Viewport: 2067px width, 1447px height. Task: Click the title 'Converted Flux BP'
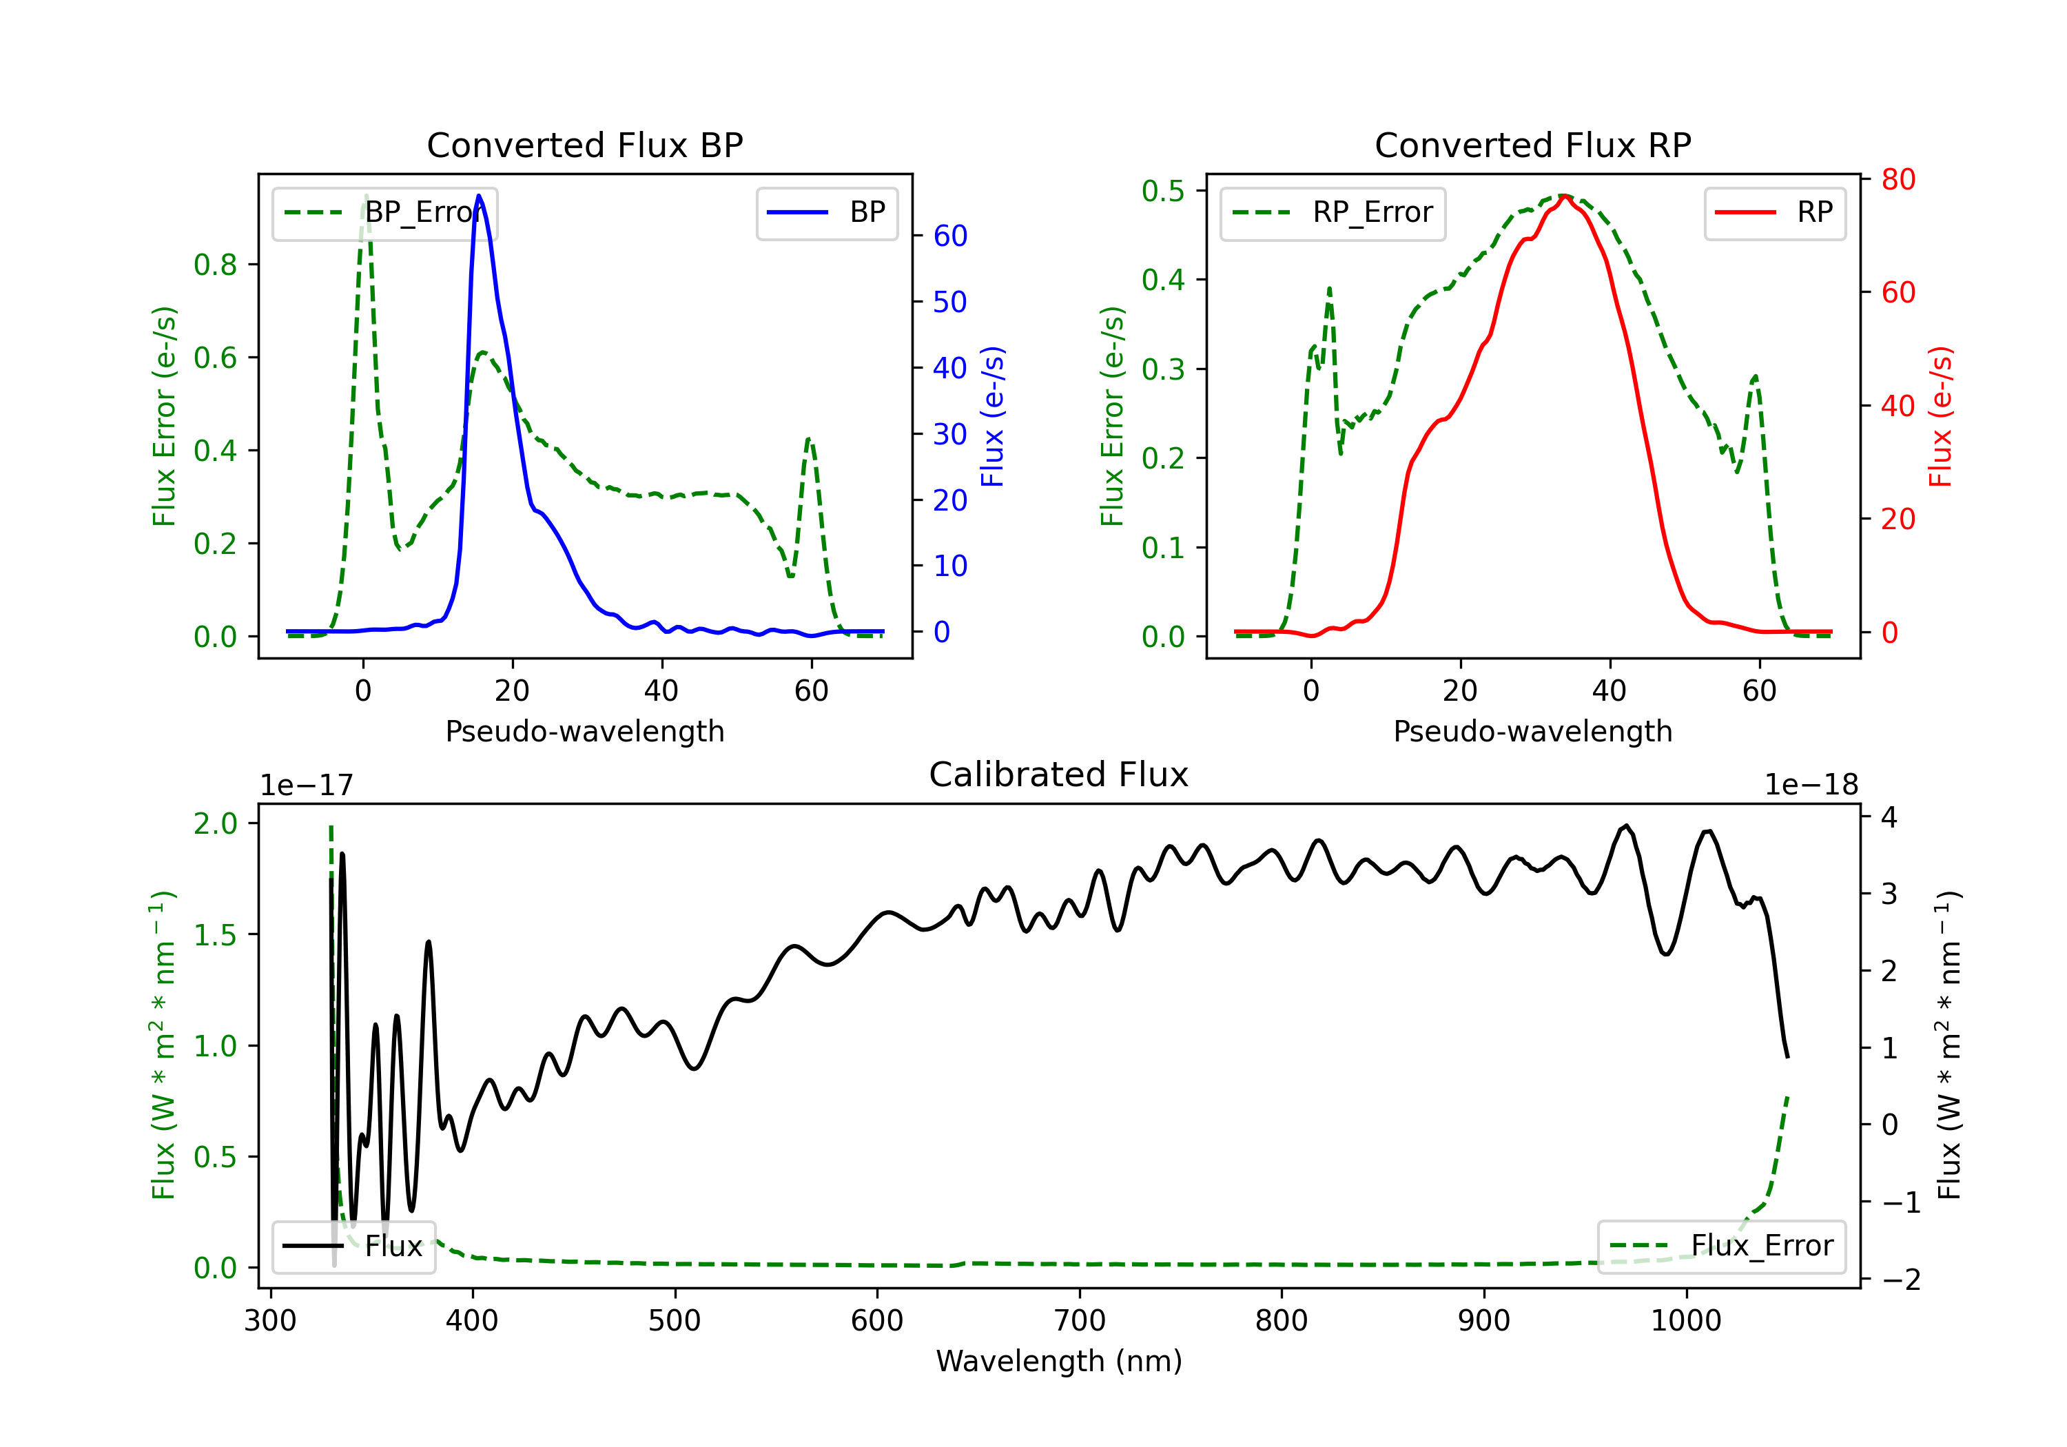[585, 145]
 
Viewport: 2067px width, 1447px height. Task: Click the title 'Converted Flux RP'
[1533, 145]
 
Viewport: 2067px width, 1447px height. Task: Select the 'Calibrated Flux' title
[1059, 774]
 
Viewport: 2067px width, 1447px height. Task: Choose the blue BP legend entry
[826, 212]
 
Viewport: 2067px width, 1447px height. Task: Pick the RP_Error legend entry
[1333, 212]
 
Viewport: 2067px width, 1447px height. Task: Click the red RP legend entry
[1774, 212]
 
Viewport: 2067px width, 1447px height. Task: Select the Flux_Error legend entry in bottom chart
[1721, 1246]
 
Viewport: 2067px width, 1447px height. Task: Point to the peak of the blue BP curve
[479, 196]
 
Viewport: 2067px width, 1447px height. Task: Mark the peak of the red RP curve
[1565, 196]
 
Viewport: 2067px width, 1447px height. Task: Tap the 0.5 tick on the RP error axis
[1162, 191]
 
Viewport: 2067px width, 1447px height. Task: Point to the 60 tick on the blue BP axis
[949, 236]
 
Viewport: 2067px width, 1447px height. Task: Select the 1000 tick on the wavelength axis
[1686, 1321]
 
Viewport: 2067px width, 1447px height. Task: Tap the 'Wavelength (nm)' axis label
[1059, 1361]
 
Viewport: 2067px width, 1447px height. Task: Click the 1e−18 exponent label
[1811, 786]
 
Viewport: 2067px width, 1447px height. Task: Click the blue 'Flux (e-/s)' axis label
[992, 417]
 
